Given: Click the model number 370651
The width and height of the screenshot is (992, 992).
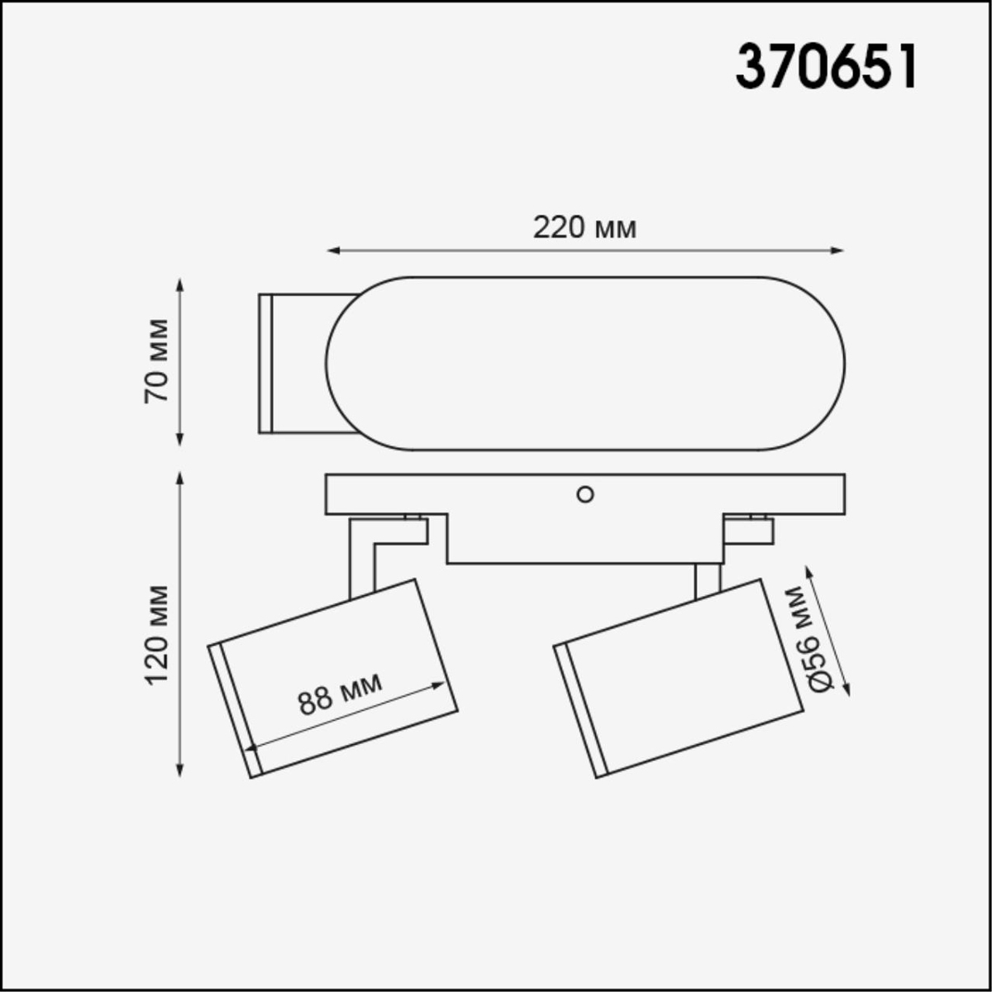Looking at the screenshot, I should (827, 67).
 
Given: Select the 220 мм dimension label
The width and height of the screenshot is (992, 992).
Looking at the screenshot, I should (584, 227).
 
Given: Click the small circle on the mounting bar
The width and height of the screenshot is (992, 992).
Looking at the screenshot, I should (584, 494).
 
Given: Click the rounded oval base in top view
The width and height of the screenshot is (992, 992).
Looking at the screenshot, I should (585, 364).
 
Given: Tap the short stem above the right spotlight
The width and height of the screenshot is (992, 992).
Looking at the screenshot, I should (708, 579).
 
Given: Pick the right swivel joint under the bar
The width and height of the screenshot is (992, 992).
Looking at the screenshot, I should (748, 531).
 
